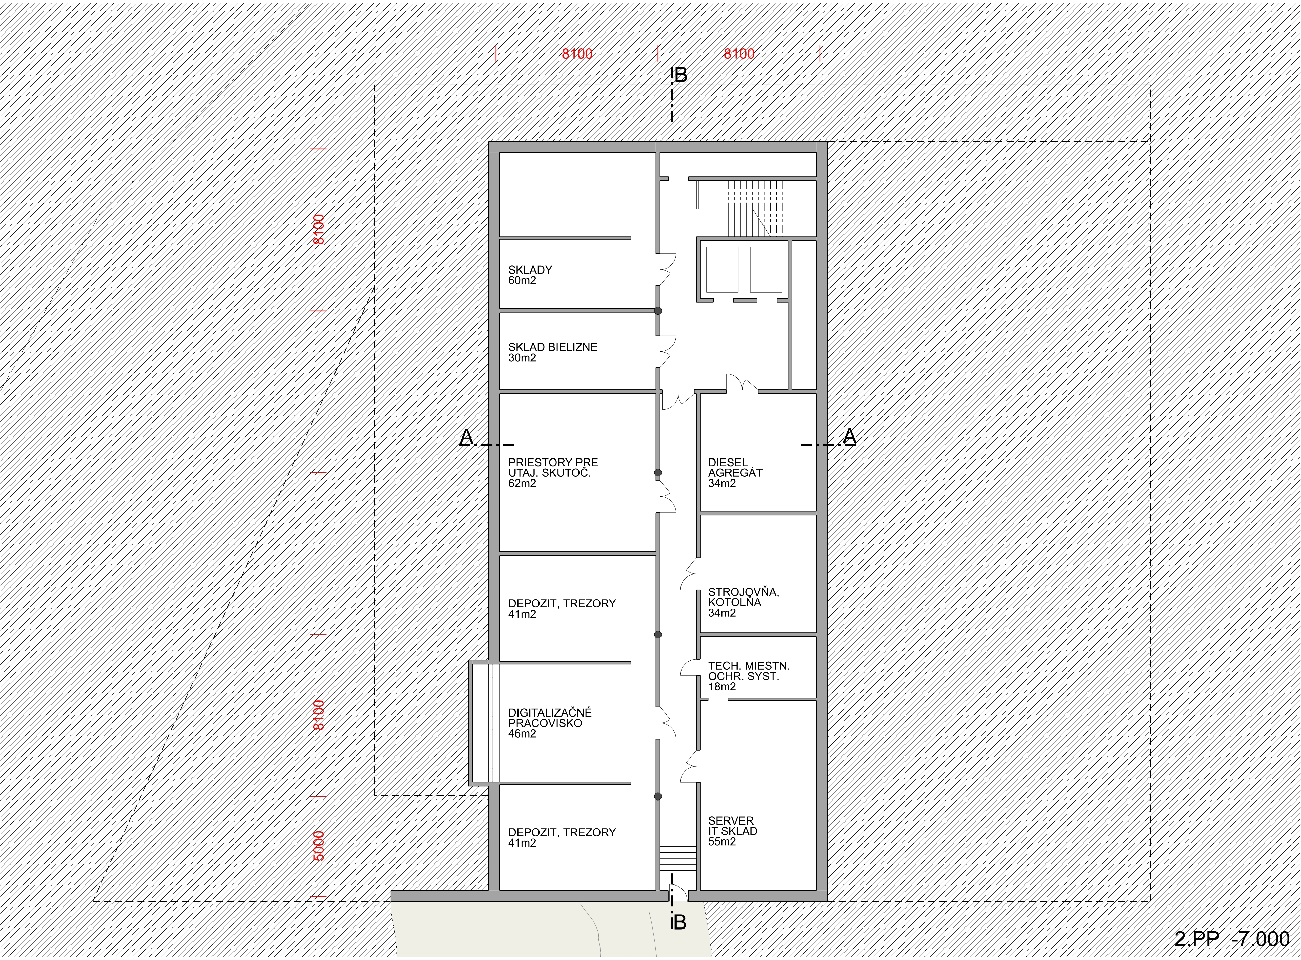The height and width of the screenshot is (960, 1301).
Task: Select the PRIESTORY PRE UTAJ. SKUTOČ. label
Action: click(552, 472)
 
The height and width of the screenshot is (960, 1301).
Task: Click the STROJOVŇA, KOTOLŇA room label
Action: click(743, 602)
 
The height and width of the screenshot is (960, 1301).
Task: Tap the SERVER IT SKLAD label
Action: click(732, 831)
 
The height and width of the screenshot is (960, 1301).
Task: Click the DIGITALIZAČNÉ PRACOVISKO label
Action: click(550, 723)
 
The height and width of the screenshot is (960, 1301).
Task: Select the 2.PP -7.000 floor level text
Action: click(1231, 939)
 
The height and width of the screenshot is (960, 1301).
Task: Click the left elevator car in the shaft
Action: click(722, 269)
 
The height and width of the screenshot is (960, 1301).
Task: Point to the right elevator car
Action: click(766, 269)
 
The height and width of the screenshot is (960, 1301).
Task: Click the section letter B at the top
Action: click(680, 75)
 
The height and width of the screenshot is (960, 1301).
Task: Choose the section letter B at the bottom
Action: click(679, 922)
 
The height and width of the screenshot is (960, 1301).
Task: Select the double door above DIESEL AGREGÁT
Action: click(741, 384)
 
